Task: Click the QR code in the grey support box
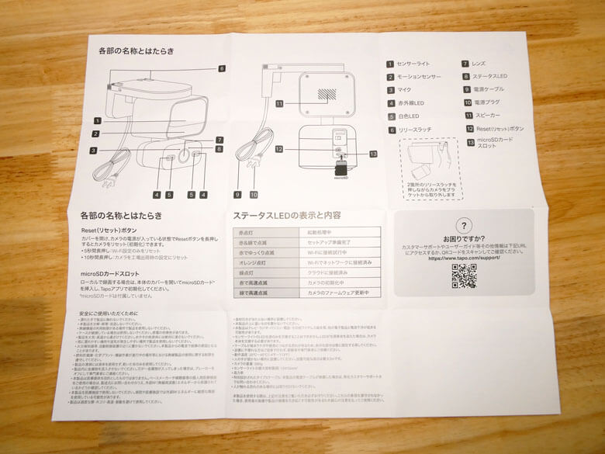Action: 464,276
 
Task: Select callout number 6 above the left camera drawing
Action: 221,69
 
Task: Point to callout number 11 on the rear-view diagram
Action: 279,102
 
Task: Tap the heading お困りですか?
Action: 463,239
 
